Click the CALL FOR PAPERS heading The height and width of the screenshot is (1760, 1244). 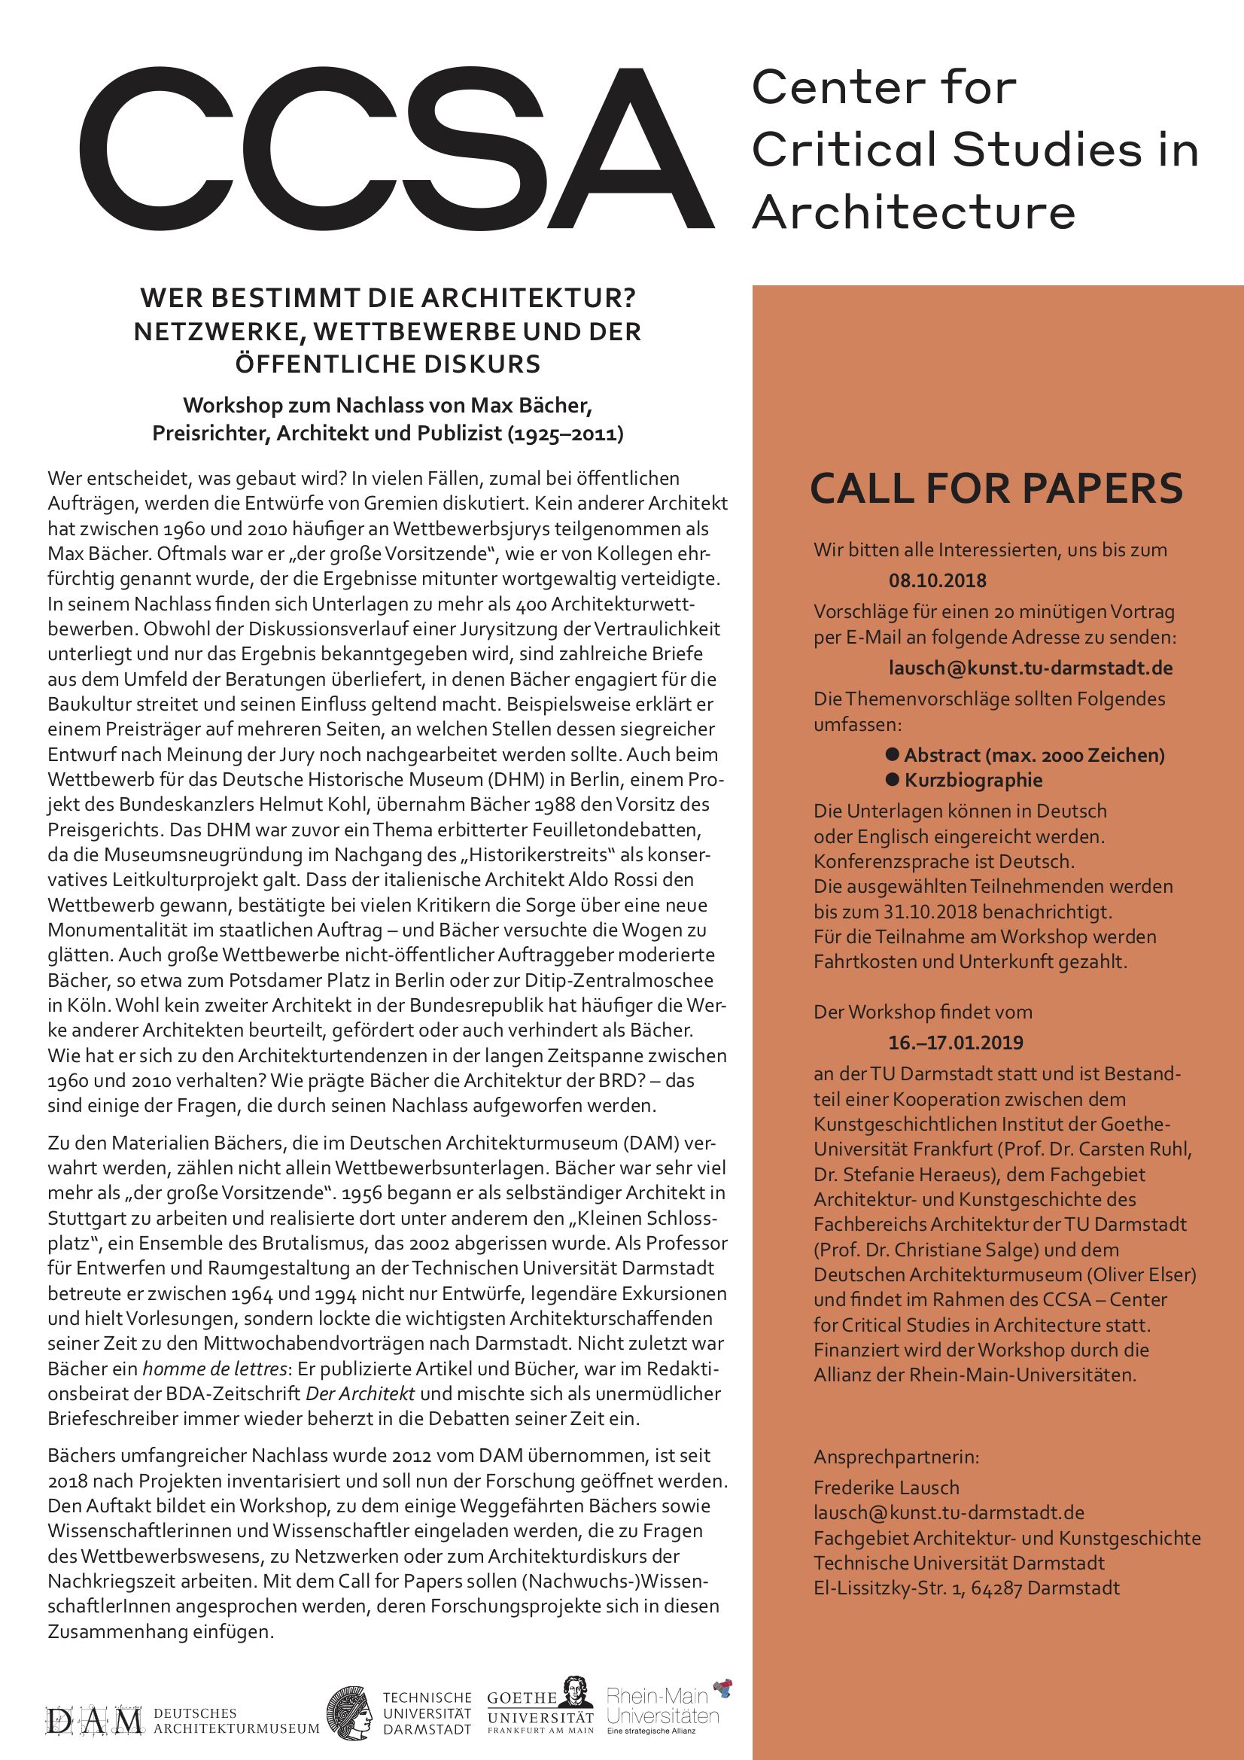996,489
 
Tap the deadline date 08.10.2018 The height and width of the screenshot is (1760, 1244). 938,580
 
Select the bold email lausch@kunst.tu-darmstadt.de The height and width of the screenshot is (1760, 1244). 1031,668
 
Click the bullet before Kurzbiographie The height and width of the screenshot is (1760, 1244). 893,780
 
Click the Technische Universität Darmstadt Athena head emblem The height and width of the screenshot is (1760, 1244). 350,1713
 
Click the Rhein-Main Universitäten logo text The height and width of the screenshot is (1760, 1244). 662,1708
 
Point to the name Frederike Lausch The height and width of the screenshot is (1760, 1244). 886,1488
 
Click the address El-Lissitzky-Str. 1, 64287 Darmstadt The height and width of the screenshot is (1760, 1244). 966,1588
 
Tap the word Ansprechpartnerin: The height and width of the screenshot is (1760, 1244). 896,1457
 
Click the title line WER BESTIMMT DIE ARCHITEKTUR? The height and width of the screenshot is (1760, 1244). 388,298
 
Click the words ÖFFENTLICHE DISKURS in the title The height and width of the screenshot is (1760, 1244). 388,364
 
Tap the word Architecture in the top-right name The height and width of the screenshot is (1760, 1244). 914,212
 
